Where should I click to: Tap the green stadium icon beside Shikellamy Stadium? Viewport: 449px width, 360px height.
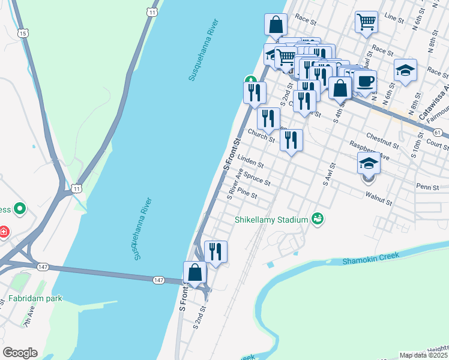tap(318, 220)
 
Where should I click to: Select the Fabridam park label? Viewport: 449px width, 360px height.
tap(35, 298)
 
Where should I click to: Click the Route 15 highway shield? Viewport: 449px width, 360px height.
tap(23, 34)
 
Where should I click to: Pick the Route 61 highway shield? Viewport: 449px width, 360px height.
tap(437, 132)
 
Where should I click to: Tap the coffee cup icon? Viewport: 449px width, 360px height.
tap(364, 81)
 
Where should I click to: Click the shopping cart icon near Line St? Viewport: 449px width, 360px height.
tap(366, 23)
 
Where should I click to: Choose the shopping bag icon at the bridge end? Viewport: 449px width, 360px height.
tap(195, 272)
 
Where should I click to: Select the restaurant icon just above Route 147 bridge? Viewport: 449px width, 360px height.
tap(215, 251)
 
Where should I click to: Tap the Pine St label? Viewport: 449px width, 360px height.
tap(247, 194)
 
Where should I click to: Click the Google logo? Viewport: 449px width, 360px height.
tap(20, 353)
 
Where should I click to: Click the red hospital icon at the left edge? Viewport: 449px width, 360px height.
tap(3, 231)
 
